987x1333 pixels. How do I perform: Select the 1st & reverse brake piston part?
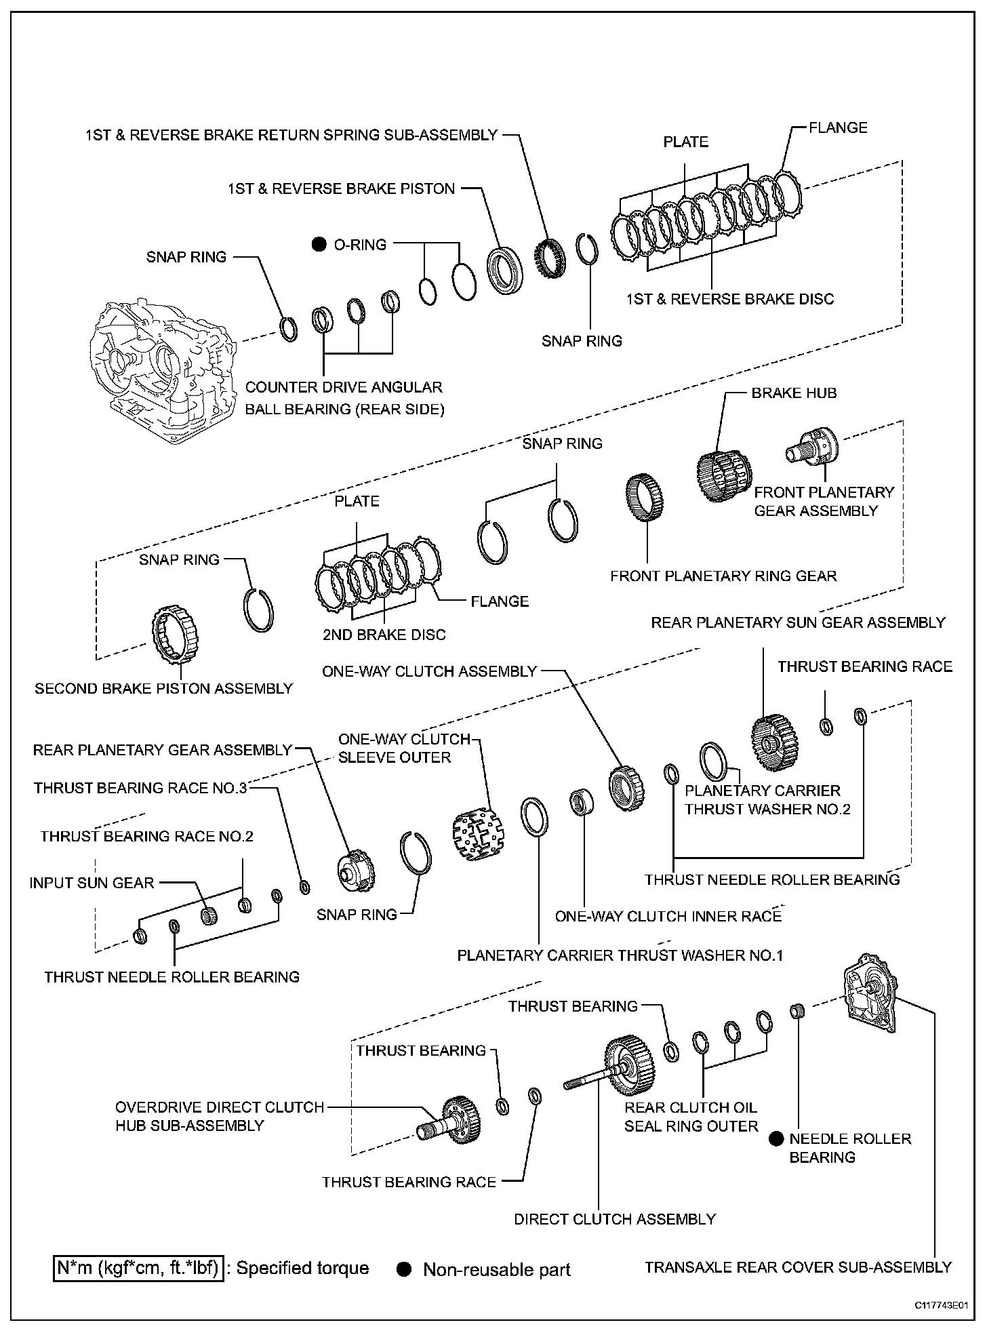505,271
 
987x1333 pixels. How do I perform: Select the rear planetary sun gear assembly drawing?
774,742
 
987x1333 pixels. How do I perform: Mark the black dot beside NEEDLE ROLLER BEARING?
776,1139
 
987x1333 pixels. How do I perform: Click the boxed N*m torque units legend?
138,1269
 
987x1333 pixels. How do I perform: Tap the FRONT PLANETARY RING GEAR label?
723,576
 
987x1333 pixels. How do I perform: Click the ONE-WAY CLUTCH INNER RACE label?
668,917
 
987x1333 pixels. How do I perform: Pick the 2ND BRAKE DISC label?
384,635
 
